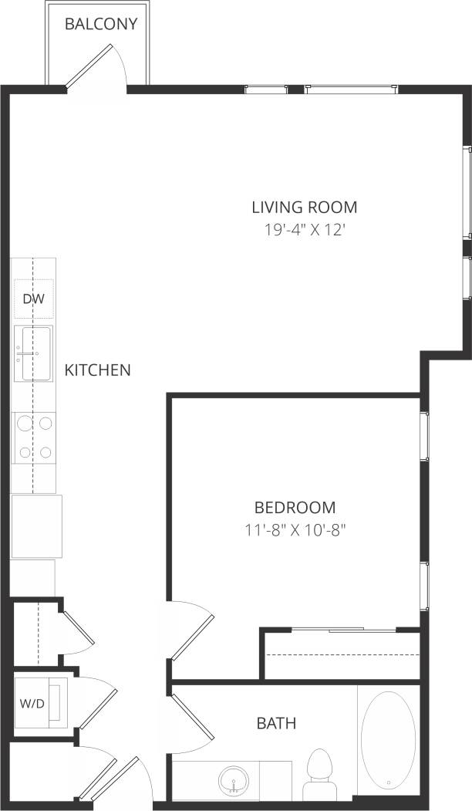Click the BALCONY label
tap(101, 24)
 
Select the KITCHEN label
tap(97, 370)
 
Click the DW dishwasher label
tap(32, 299)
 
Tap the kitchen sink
tap(33, 353)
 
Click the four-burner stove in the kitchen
tap(34, 437)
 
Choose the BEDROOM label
tap(295, 508)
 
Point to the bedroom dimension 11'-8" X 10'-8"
tap(295, 530)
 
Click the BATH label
tap(276, 724)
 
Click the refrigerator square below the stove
tap(35, 527)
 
